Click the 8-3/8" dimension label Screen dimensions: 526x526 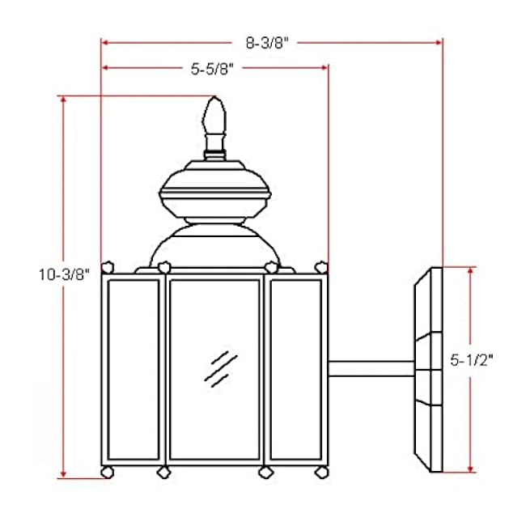coord(271,41)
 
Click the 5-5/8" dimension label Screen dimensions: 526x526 coord(212,70)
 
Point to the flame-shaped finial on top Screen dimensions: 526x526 coord(214,120)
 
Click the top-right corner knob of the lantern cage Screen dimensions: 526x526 coord(322,265)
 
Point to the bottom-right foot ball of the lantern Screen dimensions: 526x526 coord(321,470)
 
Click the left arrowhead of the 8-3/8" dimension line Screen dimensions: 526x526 coord(104,40)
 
